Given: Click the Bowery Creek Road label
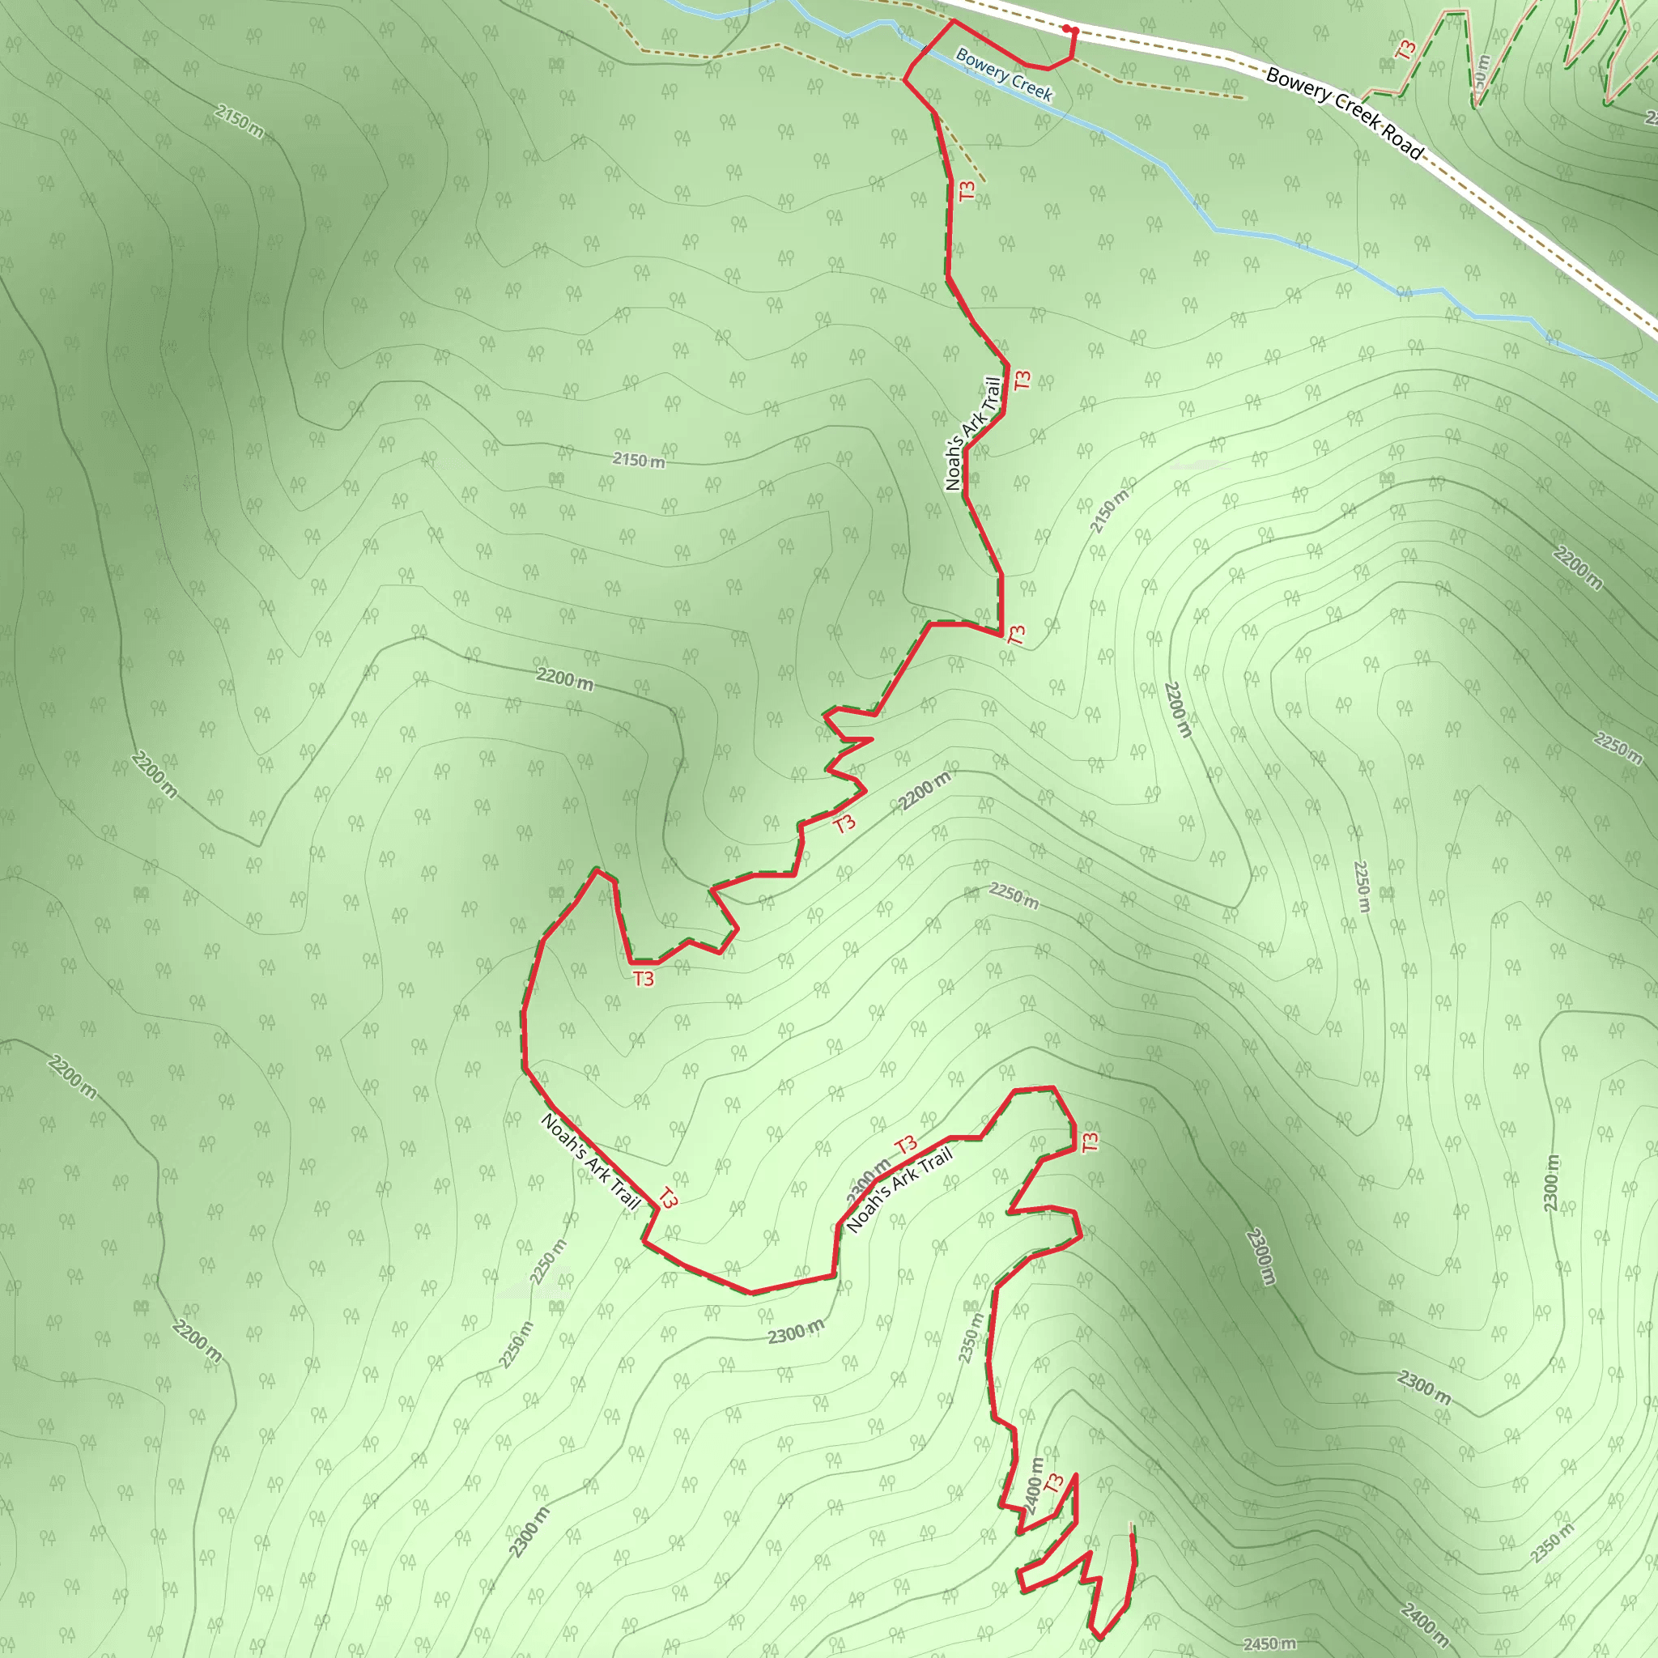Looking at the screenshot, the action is pos(1345,114).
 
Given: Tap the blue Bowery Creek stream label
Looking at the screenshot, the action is pos(1003,74).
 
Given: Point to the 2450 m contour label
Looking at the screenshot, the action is pos(1269,1643).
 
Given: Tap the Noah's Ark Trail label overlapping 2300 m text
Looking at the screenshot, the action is pos(899,1190).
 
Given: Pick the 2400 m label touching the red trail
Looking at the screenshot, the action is pos(1033,1486).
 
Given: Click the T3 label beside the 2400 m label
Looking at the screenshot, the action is pos(1055,1482).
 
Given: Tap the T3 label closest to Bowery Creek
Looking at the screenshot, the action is pos(967,190).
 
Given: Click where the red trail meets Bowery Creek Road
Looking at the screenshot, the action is pos(954,19).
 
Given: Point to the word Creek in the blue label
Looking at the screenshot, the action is pos(1030,85).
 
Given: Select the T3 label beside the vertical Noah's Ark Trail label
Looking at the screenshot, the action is pos(1021,380).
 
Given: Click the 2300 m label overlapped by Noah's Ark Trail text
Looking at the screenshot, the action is pos(869,1180).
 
